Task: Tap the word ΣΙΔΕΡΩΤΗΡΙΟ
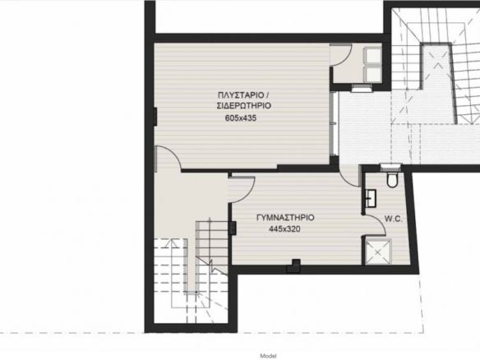coord(244,105)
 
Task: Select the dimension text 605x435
coord(241,118)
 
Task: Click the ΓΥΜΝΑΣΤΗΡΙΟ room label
coord(285,218)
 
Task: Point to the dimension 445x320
coord(284,229)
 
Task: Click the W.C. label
coord(394,219)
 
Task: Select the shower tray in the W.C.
coord(378,252)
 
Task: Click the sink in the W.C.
coord(371,198)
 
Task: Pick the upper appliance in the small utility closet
coord(372,55)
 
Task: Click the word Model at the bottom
coord(268,356)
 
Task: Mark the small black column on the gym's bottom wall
coord(293,265)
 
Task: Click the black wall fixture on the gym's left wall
coord(233,228)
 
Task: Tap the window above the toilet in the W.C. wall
coord(390,167)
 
